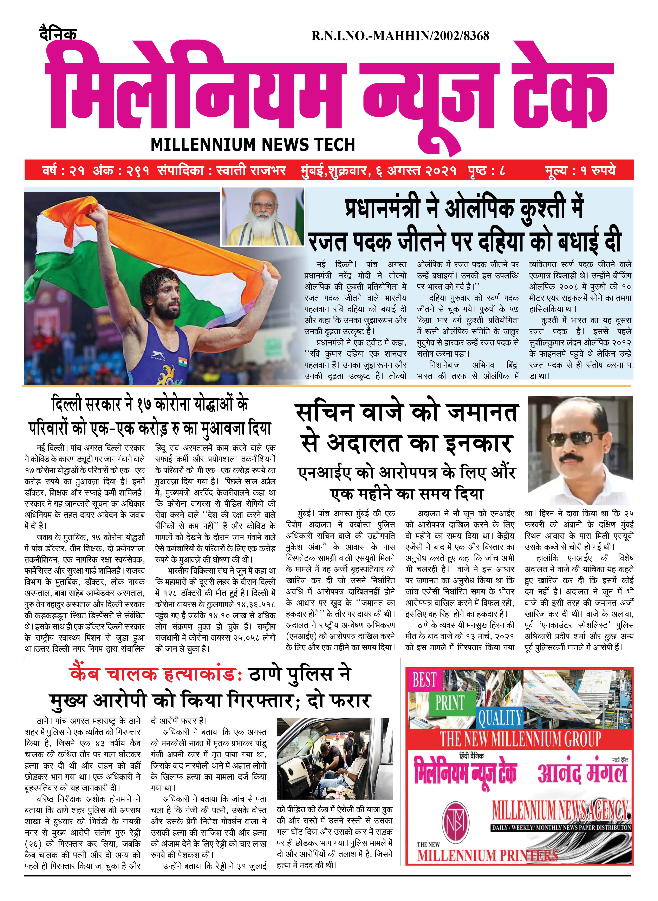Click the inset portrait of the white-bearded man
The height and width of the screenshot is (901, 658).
coord(262,217)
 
